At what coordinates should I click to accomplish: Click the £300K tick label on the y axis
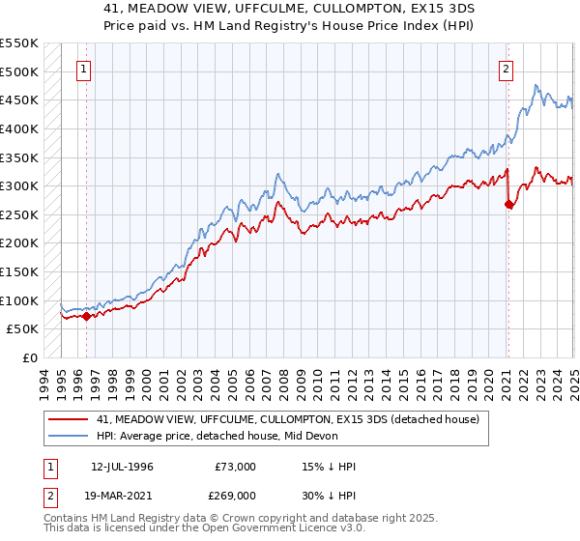(18, 185)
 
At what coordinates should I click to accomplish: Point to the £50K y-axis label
(22, 329)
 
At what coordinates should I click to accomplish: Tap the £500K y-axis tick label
(18, 71)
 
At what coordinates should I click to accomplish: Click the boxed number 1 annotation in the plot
(85, 69)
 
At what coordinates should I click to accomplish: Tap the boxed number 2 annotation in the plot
(506, 69)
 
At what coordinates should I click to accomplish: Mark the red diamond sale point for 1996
(86, 315)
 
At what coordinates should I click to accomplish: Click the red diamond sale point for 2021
(508, 204)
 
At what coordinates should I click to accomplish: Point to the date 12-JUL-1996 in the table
(122, 467)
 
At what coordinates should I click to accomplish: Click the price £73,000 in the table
(233, 467)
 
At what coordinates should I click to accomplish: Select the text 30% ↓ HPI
(328, 495)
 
